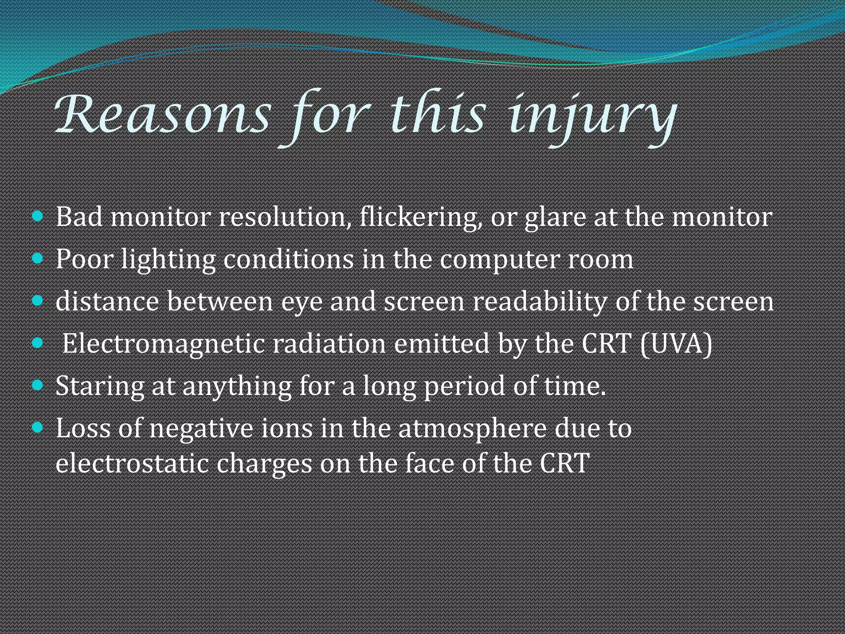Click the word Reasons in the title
tap(163, 114)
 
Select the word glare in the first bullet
tap(555, 218)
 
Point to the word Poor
tap(84, 259)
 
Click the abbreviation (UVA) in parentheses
tap(677, 343)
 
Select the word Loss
tap(83, 428)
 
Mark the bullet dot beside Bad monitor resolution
tap(38, 216)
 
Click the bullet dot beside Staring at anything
tap(38, 385)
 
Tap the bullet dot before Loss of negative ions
tap(38, 427)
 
